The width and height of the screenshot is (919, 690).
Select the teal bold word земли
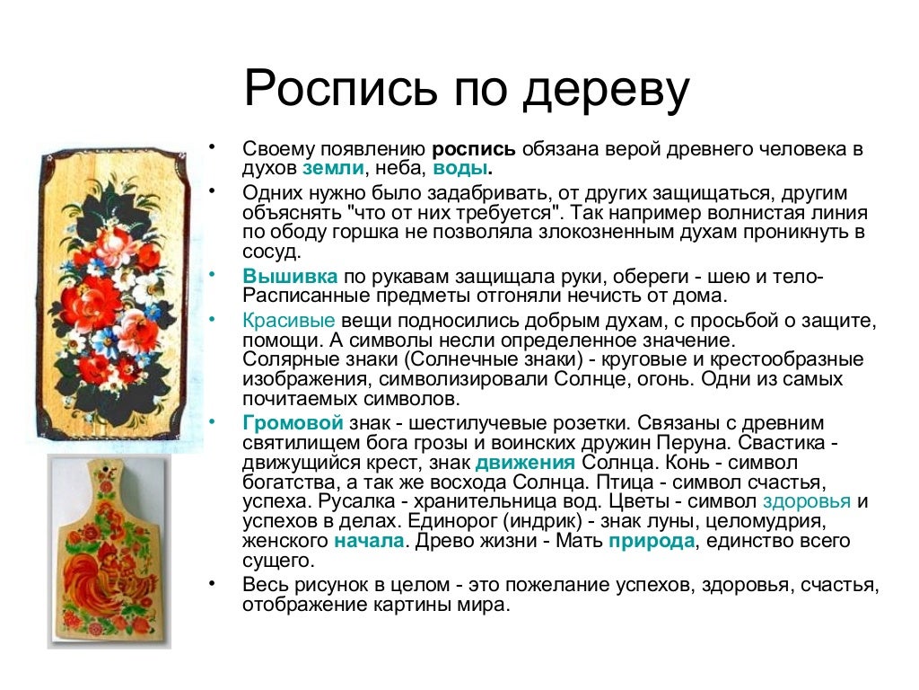[333, 168]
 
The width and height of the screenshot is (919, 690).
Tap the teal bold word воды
[461, 168]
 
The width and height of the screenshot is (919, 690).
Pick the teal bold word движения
[525, 464]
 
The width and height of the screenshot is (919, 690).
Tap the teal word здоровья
[807, 501]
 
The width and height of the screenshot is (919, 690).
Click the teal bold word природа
[652, 542]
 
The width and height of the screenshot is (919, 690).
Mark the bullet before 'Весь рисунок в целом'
[212, 583]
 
